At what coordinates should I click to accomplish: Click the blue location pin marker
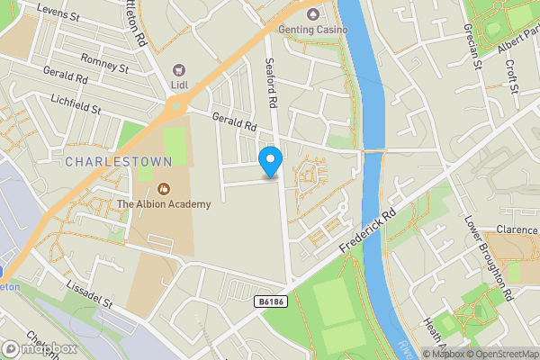[x=270, y=162]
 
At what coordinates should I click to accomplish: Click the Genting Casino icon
[x=313, y=14]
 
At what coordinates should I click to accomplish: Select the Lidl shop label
[x=179, y=85]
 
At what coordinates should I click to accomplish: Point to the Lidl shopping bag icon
[x=179, y=69]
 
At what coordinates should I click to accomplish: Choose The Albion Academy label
[x=164, y=204]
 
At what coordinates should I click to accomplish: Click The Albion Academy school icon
[x=164, y=189]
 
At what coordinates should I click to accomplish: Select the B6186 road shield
[x=269, y=301]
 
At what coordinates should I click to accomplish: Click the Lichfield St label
[x=76, y=103]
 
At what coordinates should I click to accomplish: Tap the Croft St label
[x=512, y=76]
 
